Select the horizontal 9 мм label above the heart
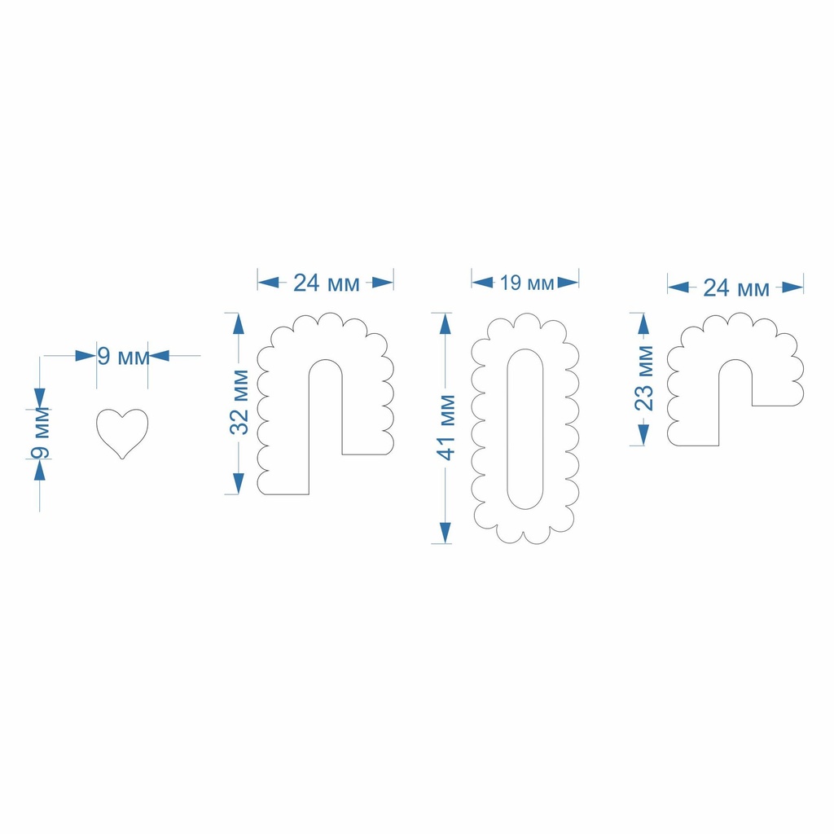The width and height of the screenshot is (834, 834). [x=123, y=357]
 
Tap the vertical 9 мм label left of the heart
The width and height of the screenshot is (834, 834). [x=41, y=432]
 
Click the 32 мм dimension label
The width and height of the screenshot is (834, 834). [x=239, y=402]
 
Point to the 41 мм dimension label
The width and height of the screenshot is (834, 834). [x=446, y=428]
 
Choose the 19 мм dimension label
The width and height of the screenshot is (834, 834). [x=527, y=283]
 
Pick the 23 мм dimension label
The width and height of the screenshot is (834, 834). [x=644, y=378]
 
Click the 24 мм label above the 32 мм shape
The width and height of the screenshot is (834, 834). [x=327, y=283]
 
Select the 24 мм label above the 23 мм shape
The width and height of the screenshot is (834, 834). [x=736, y=288]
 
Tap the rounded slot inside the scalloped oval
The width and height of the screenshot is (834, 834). [x=525, y=428]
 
